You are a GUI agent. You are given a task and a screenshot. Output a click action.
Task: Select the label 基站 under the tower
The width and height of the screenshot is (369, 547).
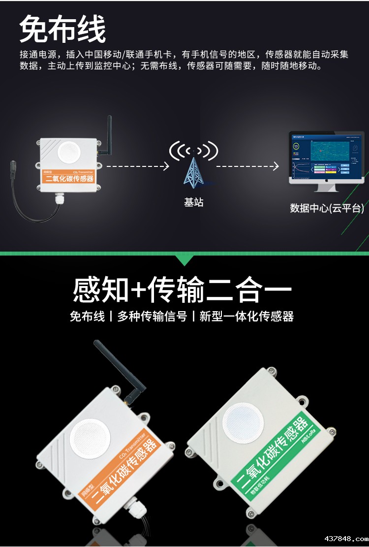(193, 202)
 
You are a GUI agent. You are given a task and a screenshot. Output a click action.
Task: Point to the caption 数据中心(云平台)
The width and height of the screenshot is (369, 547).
(327, 208)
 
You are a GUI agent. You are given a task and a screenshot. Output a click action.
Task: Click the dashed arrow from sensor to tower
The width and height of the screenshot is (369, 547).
(138, 166)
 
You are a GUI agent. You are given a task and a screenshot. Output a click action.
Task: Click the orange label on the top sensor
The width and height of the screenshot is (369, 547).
(69, 177)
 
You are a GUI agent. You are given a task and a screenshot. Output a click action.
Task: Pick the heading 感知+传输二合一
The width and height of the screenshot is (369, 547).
(183, 290)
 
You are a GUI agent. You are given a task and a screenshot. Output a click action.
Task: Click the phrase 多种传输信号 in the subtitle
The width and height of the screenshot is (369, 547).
(152, 317)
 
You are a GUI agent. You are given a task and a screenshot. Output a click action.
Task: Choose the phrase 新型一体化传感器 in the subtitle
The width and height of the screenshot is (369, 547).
(246, 317)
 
